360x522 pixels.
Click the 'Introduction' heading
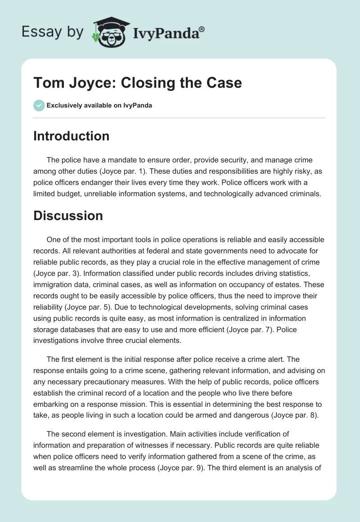click(71, 136)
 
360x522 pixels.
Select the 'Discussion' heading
click(68, 216)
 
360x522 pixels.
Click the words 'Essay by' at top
click(53, 32)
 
